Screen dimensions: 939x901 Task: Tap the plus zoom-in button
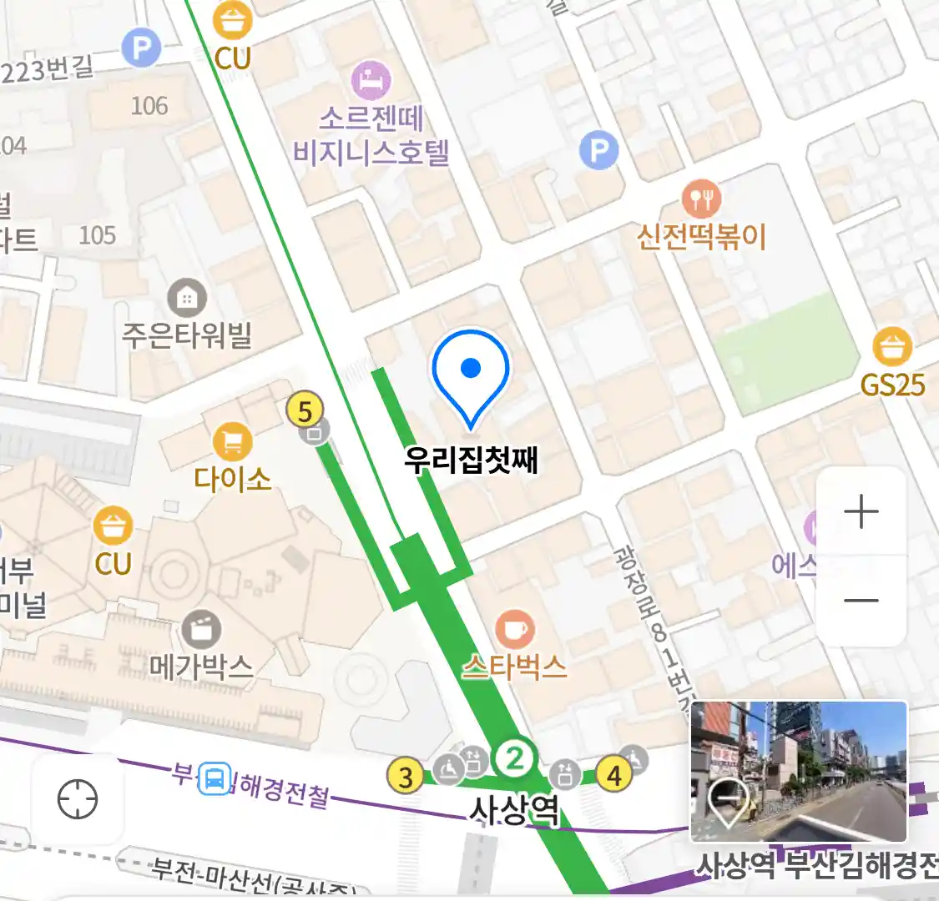(861, 511)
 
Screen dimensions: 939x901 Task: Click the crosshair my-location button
(78, 799)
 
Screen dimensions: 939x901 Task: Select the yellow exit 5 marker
(305, 410)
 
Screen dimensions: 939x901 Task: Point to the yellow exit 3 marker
(406, 777)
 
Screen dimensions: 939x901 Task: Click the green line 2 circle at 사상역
(514, 758)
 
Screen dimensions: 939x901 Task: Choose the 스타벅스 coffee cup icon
(515, 629)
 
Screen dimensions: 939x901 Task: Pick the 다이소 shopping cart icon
(233, 441)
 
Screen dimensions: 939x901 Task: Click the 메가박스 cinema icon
(201, 629)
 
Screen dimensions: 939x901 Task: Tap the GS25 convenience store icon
(892, 346)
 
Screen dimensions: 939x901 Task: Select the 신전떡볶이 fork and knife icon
(701, 199)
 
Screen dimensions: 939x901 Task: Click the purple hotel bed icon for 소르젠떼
(371, 81)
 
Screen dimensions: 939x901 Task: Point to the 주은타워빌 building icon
(187, 298)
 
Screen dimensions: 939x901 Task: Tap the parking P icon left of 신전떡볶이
(598, 151)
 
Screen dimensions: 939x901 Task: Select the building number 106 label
(149, 106)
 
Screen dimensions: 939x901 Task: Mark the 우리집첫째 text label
(471, 460)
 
